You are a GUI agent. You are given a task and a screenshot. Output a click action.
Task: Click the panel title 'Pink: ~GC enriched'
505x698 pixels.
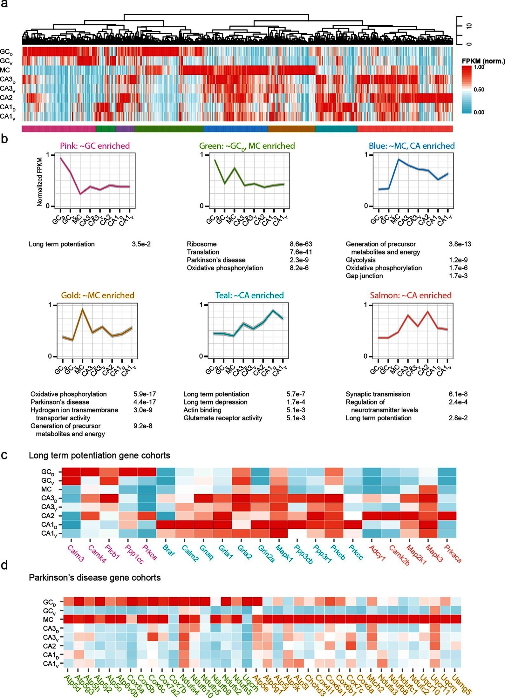pos(95,146)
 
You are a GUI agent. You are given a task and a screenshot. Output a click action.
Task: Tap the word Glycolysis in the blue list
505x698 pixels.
pos(360,260)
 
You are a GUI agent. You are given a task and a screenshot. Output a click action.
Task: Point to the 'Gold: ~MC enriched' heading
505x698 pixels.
pos(98,295)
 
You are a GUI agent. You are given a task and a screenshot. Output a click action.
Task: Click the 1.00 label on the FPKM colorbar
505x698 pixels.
pos(479,67)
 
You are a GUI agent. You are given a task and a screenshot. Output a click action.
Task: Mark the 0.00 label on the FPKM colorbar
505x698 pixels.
pos(479,112)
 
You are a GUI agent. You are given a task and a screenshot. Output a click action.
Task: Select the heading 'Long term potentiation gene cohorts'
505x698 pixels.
pos(99,456)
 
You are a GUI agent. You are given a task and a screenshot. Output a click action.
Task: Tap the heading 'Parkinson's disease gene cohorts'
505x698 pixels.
pos(95,578)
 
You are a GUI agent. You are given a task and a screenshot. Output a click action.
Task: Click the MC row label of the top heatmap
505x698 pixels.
pos(5,70)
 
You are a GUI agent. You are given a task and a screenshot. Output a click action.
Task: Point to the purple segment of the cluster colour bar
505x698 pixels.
pos(125,129)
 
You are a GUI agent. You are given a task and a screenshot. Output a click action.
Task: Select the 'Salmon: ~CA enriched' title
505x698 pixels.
pos(411,295)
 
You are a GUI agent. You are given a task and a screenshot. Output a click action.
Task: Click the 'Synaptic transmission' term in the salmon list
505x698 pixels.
pos(378,394)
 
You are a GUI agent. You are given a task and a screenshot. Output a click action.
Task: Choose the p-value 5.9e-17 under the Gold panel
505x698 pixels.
pos(145,394)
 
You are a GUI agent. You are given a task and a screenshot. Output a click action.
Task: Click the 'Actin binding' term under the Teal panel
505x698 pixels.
pos(202,410)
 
